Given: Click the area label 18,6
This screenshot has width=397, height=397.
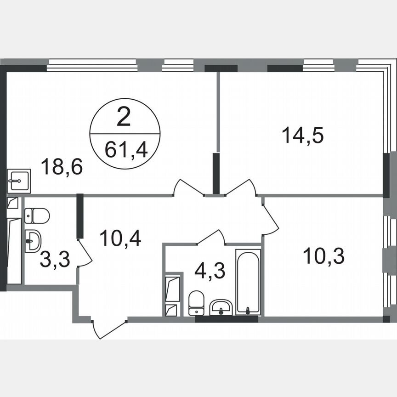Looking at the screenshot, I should click(62, 166).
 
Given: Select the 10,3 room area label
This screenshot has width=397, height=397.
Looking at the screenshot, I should click(323, 255).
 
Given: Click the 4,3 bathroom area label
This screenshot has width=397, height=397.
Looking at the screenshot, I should click(210, 271).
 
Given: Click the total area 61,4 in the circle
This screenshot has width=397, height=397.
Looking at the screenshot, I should click(125, 149).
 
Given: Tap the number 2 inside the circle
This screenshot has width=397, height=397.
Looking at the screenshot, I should click(124, 118).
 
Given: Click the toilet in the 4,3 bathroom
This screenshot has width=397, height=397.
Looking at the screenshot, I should click(197, 302).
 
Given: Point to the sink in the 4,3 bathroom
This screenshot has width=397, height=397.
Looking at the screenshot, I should click(222, 306).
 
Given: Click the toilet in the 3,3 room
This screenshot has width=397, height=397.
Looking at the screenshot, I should click(37, 215).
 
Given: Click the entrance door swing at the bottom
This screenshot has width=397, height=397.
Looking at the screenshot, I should click(107, 328).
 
